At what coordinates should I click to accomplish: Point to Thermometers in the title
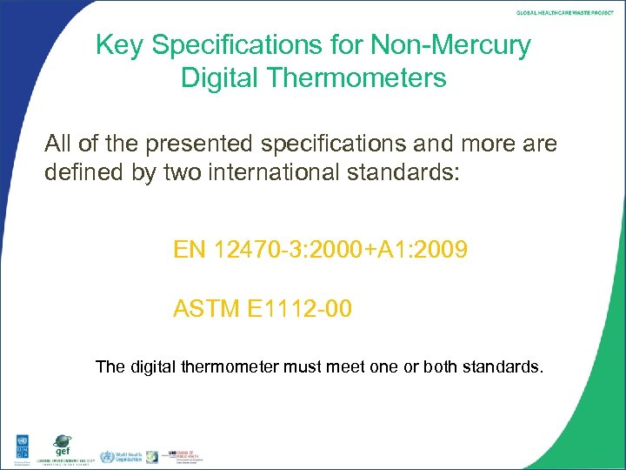[x=362, y=78]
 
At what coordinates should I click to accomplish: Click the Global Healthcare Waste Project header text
[x=565, y=13]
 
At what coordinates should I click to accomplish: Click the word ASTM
[x=207, y=309]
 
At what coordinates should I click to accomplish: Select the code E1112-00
[x=301, y=309]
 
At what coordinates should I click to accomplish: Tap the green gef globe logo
[x=63, y=444]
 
